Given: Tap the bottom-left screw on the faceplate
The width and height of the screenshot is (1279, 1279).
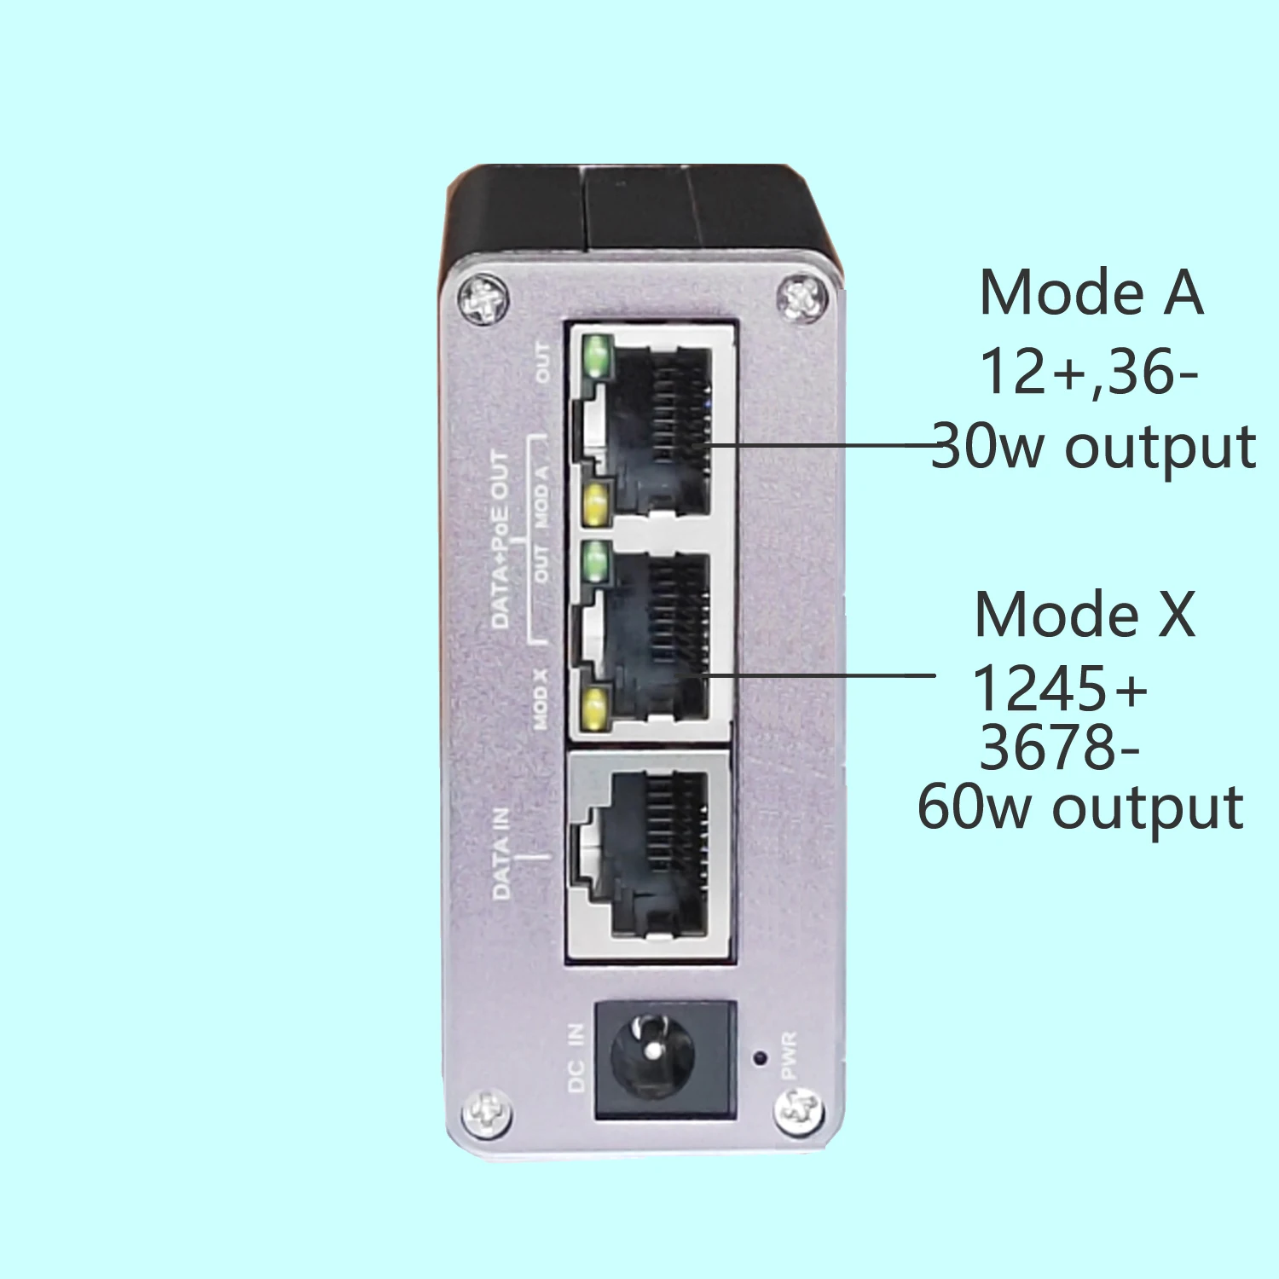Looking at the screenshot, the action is [x=487, y=1113].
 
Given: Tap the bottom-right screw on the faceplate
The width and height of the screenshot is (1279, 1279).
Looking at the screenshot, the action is [x=799, y=1110].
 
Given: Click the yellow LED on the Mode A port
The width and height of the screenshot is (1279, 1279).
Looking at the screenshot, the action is [x=595, y=503].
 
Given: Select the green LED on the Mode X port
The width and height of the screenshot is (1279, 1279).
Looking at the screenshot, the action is [x=597, y=562].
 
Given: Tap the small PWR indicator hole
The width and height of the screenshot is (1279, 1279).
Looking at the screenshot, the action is [x=759, y=1058].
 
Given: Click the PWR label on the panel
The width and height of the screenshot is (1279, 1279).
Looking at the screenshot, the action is [x=789, y=1056].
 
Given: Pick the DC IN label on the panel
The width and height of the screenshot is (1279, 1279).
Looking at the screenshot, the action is [x=577, y=1057].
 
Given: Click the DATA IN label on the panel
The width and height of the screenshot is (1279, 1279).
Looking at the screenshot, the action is [x=501, y=854].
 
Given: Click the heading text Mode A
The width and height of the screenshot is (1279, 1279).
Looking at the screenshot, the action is [x=1091, y=292].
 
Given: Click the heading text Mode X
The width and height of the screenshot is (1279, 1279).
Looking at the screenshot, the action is [x=1085, y=614].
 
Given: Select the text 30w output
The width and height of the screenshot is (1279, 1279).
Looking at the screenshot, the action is [x=1093, y=446].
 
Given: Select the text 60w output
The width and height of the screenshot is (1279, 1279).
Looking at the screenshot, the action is [x=1080, y=807].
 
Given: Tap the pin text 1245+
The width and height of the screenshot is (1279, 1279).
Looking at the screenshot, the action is [x=1060, y=688].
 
